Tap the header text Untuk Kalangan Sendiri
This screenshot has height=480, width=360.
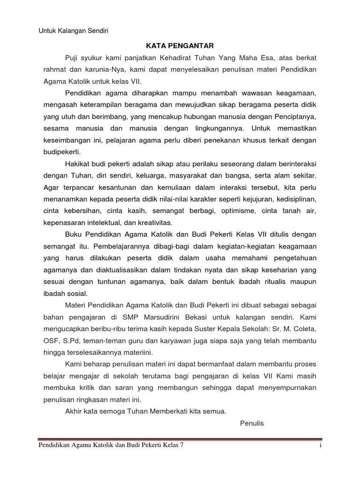coord(73,31)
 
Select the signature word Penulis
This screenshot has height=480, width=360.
coord(252,423)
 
